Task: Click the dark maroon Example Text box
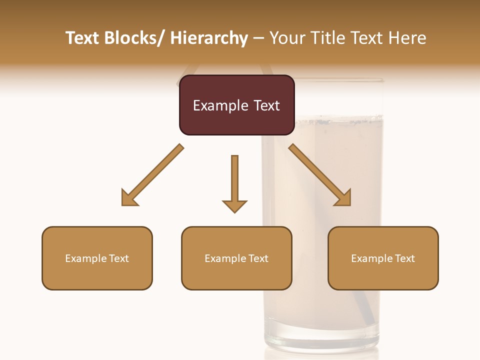[x=236, y=105]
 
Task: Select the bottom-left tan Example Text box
[x=97, y=258]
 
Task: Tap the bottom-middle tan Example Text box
[x=236, y=258]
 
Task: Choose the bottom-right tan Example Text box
[x=383, y=258]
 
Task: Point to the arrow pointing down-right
[x=320, y=175]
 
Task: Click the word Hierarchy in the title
[x=208, y=38]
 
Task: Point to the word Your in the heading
[x=287, y=38]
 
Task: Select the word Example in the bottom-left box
[x=86, y=259]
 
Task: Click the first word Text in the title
[x=83, y=38]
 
